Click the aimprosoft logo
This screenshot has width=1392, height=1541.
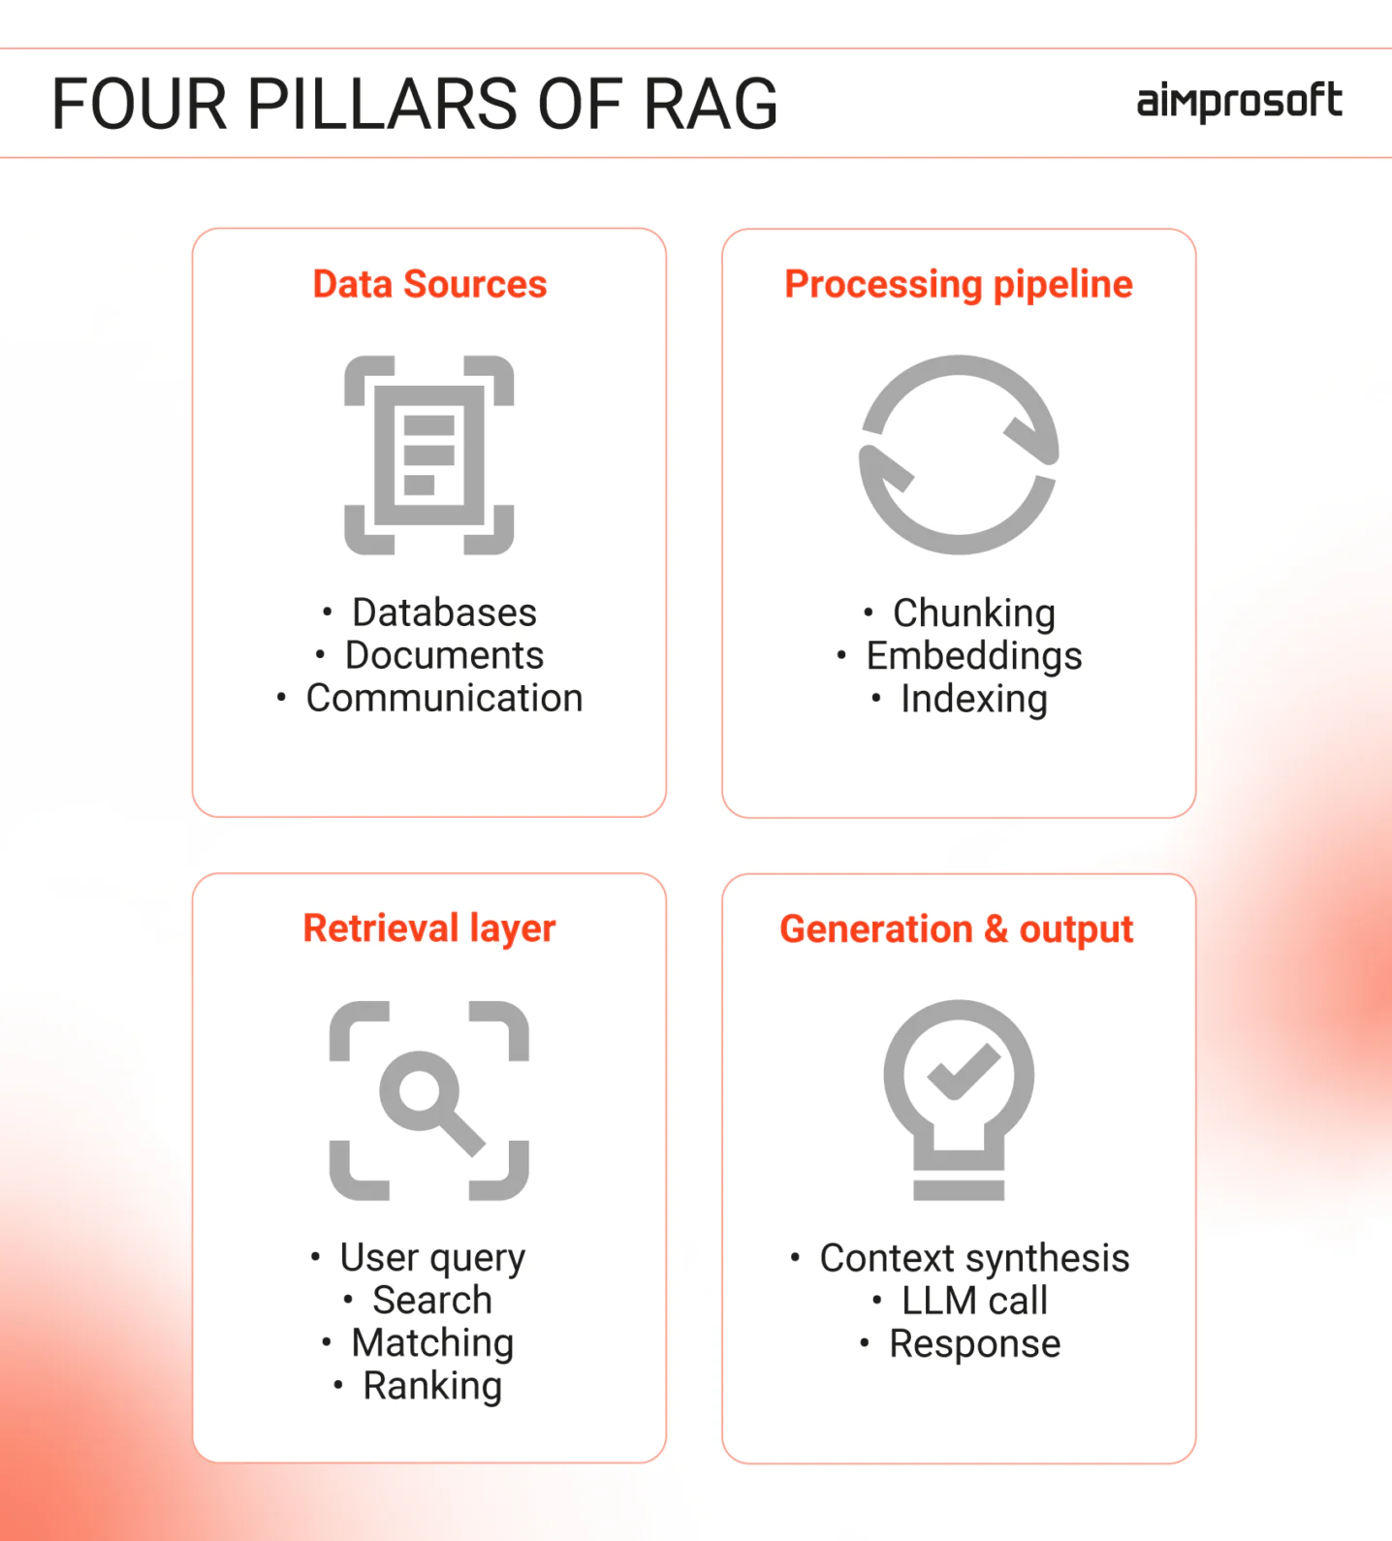coord(1239,102)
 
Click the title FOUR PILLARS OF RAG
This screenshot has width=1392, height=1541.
coord(415,104)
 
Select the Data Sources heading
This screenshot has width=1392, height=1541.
coord(429,284)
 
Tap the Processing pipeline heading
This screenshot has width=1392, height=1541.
coord(959,285)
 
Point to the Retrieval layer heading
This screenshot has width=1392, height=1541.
coord(429,928)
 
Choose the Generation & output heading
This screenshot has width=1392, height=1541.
coord(957,929)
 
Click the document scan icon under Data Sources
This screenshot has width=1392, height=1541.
coord(429,455)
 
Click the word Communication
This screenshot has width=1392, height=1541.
coord(445,698)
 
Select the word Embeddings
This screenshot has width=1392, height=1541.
coord(974,656)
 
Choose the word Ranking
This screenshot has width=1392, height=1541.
coord(432,1386)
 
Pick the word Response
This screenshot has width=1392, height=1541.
coord(974,1344)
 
